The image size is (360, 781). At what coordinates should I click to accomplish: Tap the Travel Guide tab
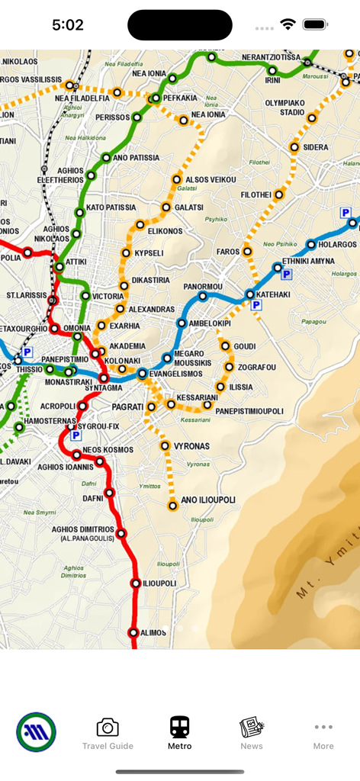click(x=108, y=733)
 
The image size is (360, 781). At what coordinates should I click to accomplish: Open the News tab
click(x=251, y=733)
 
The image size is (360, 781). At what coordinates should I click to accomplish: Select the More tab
click(x=323, y=733)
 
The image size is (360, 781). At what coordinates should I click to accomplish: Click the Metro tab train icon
click(x=179, y=726)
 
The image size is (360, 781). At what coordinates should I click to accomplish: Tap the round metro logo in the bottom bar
click(x=36, y=732)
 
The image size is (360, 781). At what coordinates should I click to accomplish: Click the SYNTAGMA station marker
click(x=104, y=378)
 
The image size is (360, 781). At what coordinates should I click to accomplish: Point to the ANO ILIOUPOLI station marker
click(x=173, y=505)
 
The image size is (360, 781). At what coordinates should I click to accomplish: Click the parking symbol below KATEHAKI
click(x=256, y=305)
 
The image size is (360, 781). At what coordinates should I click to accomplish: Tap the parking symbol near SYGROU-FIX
click(x=75, y=435)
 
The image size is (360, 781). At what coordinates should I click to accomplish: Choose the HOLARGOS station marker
click(x=311, y=245)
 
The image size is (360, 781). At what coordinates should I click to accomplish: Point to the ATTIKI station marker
click(x=59, y=267)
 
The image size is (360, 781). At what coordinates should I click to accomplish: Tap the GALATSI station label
click(x=189, y=207)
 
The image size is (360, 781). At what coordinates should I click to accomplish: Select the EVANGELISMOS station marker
click(x=142, y=374)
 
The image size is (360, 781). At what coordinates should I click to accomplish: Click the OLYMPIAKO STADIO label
click(x=284, y=107)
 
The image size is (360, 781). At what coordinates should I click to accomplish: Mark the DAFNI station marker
click(x=109, y=493)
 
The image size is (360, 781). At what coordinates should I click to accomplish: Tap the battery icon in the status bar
click(x=315, y=24)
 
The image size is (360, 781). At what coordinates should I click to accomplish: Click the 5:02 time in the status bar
click(x=68, y=25)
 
